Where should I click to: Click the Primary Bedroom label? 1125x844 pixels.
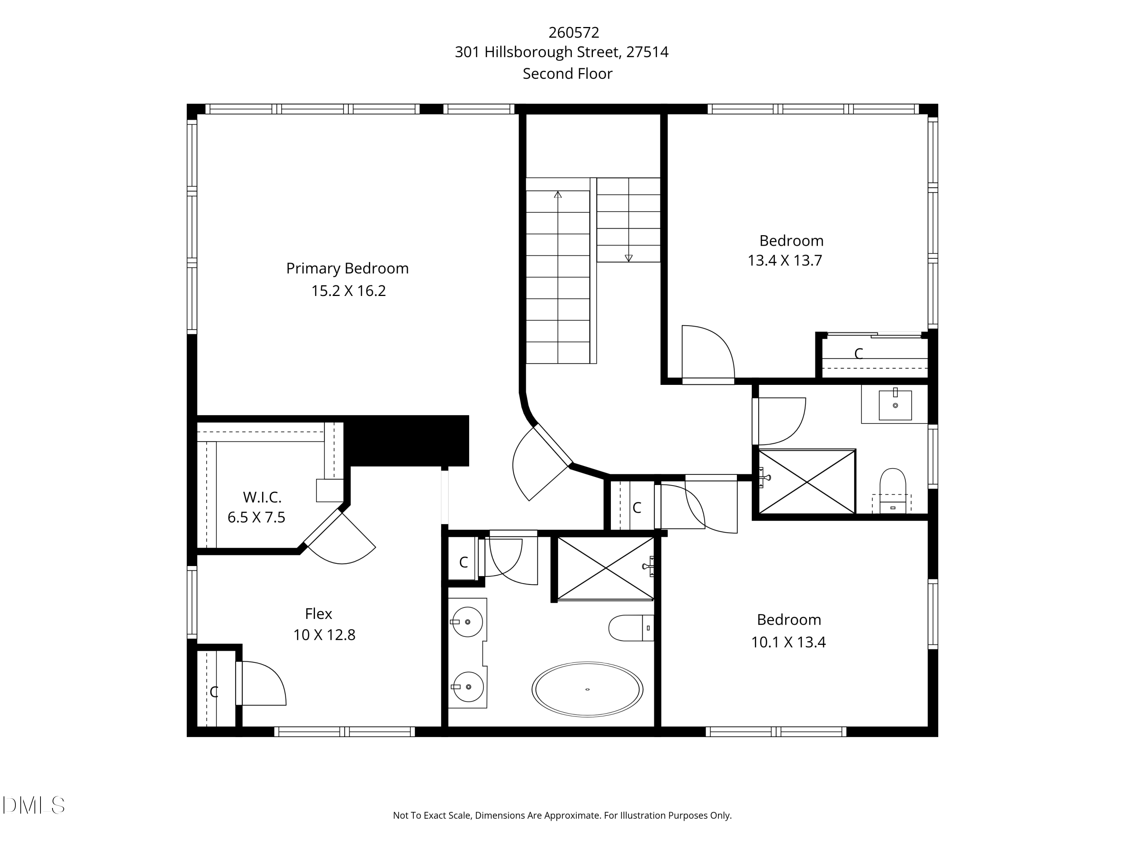pyautogui.click(x=347, y=268)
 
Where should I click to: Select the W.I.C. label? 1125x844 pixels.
pyautogui.click(x=262, y=497)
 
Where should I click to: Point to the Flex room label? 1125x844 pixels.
pyautogui.click(x=318, y=614)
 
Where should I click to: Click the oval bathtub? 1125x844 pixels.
pyautogui.click(x=587, y=689)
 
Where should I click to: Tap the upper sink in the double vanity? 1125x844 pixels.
pyautogui.click(x=467, y=622)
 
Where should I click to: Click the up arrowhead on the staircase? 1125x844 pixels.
pyautogui.click(x=558, y=194)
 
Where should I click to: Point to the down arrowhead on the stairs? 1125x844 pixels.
pyautogui.click(x=628, y=258)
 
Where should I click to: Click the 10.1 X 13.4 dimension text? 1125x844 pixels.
pyautogui.click(x=788, y=642)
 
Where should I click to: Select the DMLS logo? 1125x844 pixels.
pyautogui.click(x=34, y=805)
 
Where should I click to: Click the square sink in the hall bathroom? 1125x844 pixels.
pyautogui.click(x=895, y=405)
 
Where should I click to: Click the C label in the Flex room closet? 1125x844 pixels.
pyautogui.click(x=214, y=692)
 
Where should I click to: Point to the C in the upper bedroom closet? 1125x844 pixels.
pyautogui.click(x=858, y=354)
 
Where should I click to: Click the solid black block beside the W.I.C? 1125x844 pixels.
pyautogui.click(x=407, y=440)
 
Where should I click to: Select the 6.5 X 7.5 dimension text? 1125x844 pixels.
pyautogui.click(x=256, y=517)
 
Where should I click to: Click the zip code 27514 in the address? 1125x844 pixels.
pyautogui.click(x=647, y=52)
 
